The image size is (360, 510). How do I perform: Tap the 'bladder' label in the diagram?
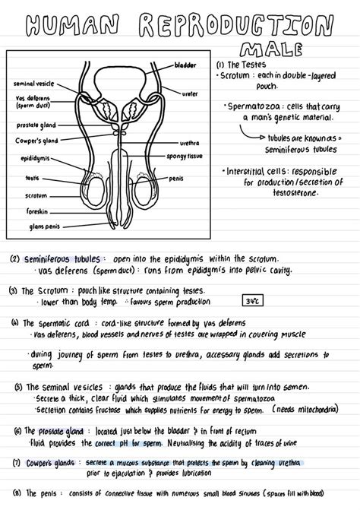(x=186, y=65)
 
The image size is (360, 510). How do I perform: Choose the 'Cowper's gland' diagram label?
(x=33, y=141)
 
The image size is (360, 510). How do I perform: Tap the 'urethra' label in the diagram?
(x=190, y=142)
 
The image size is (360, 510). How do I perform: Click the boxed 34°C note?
(x=251, y=301)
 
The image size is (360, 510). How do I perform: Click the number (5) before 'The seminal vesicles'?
(x=17, y=386)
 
